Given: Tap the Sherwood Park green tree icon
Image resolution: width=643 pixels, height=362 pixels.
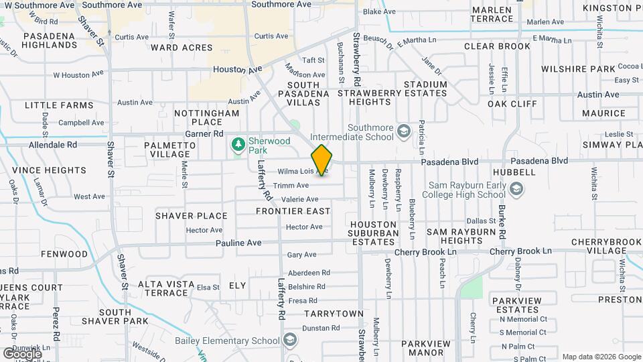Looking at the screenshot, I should pyautogui.click(x=237, y=144).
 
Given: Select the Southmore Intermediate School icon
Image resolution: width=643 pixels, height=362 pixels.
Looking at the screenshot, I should pyautogui.click(x=403, y=130).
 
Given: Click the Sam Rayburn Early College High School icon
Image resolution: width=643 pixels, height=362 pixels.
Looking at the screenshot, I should pyautogui.click(x=516, y=190).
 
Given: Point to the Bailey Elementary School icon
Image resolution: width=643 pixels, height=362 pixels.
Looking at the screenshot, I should pyautogui.click(x=289, y=340).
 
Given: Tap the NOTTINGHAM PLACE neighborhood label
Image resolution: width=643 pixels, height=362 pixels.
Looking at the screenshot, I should pyautogui.click(x=206, y=117).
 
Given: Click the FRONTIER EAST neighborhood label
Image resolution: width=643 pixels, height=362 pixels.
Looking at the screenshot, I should pyautogui.click(x=293, y=211).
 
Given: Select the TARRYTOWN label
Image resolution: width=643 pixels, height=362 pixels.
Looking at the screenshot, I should pyautogui.click(x=334, y=314).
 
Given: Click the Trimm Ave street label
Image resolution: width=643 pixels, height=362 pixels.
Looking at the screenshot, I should pyautogui.click(x=291, y=185).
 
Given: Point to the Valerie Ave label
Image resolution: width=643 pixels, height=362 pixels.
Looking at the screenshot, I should pyautogui.click(x=299, y=199).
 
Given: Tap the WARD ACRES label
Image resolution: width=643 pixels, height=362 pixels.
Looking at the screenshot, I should pyautogui.click(x=182, y=48).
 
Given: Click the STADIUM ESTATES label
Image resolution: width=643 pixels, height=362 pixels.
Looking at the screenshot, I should pyautogui.click(x=425, y=93).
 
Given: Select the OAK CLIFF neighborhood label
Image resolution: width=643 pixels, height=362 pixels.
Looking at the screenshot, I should pyautogui.click(x=512, y=104).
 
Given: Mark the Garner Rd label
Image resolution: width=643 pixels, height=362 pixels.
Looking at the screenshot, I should pyautogui.click(x=199, y=134).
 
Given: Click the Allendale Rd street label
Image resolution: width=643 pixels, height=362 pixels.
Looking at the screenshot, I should pyautogui.click(x=53, y=144).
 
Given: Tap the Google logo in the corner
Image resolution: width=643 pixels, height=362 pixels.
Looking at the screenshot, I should pyautogui.click(x=22, y=353).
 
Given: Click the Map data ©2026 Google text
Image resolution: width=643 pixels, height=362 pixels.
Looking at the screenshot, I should pyautogui.click(x=601, y=357).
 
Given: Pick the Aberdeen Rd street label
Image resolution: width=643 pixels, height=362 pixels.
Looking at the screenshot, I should pyautogui.click(x=309, y=273).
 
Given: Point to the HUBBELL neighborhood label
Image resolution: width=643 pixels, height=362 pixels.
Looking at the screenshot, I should pyautogui.click(x=514, y=172).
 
